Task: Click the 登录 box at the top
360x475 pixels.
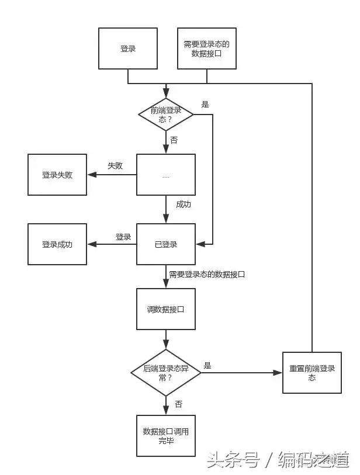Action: (x=128, y=48)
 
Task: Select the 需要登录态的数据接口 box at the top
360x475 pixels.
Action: (x=206, y=48)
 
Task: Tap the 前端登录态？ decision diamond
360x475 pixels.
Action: (x=166, y=114)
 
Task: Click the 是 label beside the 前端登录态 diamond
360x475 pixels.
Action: (x=205, y=105)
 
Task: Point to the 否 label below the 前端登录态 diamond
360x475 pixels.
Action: (x=174, y=140)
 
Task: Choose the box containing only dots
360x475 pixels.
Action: (x=165, y=175)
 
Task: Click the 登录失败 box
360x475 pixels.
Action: (x=57, y=175)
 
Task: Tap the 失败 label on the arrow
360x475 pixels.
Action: (x=115, y=165)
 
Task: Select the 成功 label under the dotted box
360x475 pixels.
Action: (x=184, y=204)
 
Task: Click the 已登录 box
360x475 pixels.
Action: (x=165, y=244)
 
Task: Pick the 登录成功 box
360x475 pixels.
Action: (x=57, y=244)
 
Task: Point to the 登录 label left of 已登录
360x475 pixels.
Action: (x=123, y=237)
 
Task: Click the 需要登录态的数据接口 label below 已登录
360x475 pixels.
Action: (x=207, y=273)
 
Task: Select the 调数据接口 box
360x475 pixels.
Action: (x=165, y=309)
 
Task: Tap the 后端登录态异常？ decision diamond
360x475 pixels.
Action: (x=166, y=373)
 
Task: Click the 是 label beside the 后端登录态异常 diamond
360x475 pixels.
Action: (x=207, y=366)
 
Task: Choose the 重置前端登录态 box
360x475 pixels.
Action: (x=311, y=373)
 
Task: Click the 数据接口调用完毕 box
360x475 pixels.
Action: (x=165, y=436)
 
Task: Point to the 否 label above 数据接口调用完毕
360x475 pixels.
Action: (x=178, y=404)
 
